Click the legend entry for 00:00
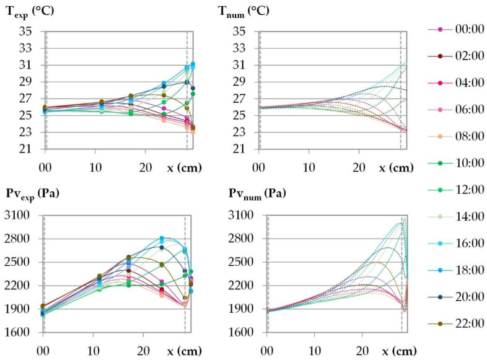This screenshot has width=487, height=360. (x=458, y=30)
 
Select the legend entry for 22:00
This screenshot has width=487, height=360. (x=458, y=323)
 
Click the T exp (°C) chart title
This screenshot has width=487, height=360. (x=29, y=10)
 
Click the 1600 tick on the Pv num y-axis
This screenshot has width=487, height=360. (x=248, y=333)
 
